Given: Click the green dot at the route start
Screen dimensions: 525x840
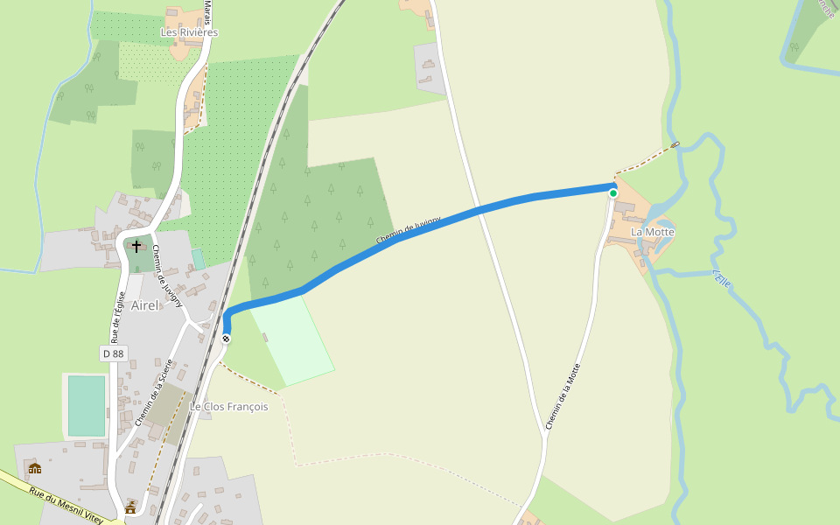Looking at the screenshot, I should (613, 193).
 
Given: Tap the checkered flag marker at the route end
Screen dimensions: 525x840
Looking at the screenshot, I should (227, 339).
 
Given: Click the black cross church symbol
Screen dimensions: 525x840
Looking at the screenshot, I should (136, 246).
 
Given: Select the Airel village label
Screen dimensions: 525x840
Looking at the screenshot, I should (144, 305).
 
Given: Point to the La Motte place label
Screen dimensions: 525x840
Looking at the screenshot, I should (653, 232).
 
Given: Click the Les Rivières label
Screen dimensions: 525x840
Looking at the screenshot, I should (189, 32).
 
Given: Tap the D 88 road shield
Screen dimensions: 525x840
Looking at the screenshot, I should (114, 353).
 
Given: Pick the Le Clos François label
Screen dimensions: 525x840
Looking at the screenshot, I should (229, 407).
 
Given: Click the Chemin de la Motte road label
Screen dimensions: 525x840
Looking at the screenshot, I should (563, 396).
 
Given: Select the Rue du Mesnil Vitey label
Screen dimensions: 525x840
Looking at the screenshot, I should (66, 507).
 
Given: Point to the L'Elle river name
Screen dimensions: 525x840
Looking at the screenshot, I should (722, 278).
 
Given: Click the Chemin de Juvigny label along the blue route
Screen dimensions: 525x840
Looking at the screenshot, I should (404, 231).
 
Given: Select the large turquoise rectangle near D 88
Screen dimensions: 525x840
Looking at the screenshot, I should (87, 406).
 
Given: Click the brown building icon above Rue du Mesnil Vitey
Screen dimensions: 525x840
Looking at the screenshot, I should (35, 469).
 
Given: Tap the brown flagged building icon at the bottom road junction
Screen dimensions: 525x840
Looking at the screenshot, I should (130, 507).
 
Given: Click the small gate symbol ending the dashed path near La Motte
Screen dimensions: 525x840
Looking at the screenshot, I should (675, 144).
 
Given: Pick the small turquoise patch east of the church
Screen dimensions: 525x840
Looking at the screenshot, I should (198, 260).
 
